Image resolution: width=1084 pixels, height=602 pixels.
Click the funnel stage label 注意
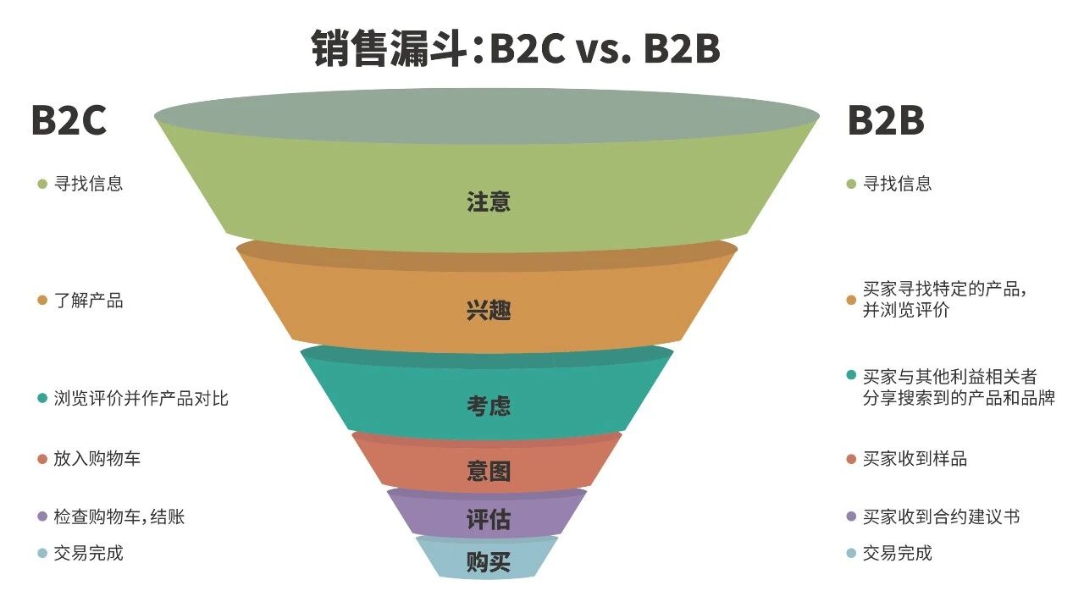point(489,202)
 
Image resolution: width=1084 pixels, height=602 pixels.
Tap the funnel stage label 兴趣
point(489,311)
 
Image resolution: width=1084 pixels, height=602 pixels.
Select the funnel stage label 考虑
point(489,406)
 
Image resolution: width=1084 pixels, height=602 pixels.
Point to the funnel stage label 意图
point(489,471)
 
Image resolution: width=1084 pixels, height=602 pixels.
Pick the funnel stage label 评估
point(489,519)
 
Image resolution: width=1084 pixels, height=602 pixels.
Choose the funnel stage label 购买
point(489,561)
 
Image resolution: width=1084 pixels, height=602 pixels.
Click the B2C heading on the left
point(69,121)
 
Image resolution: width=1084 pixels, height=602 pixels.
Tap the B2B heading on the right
point(886,121)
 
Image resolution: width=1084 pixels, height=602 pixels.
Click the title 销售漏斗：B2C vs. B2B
point(516,49)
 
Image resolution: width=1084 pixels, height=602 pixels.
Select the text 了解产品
point(89,301)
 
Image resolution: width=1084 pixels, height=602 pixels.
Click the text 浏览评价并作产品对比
point(141,398)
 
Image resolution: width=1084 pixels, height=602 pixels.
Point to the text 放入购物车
point(97,459)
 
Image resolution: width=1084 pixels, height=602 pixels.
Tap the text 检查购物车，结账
point(119,516)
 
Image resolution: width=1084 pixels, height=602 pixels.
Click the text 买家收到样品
point(915,459)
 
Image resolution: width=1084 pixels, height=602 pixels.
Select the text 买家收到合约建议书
point(941,516)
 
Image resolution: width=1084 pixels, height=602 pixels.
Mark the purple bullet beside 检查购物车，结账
point(42,516)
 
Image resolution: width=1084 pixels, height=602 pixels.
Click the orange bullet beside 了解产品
point(42,301)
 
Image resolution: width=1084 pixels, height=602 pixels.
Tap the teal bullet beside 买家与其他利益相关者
point(851,376)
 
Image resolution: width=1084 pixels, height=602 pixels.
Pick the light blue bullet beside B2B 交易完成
point(851,554)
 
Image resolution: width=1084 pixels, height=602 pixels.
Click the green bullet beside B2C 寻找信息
point(42,184)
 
